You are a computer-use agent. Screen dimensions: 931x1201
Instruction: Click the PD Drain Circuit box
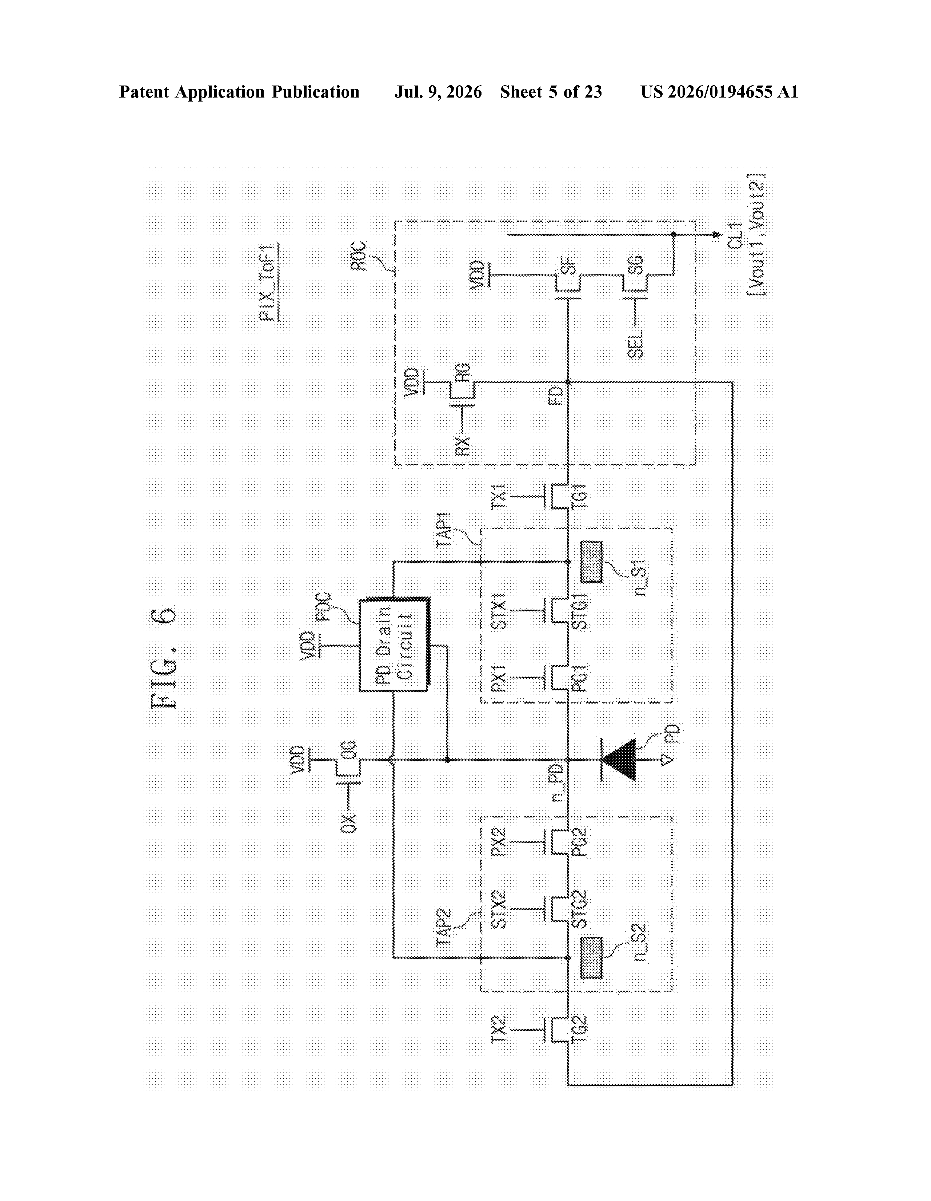[395, 645]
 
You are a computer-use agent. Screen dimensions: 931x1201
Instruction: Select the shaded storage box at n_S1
[591, 562]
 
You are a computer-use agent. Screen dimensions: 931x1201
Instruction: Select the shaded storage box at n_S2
[591, 958]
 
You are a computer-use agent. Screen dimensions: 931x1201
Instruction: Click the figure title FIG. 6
[163, 658]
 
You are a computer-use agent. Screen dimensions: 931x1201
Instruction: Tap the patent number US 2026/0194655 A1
[719, 92]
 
